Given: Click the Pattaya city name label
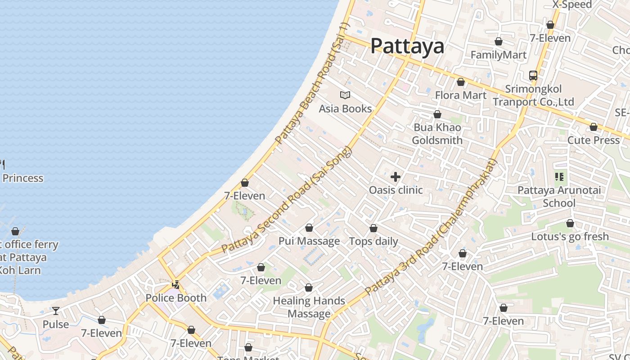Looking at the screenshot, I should click(407, 46).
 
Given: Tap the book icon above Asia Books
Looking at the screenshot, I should click(345, 95).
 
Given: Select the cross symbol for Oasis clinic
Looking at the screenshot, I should click(396, 177).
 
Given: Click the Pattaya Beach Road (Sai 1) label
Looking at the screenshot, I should click(313, 84).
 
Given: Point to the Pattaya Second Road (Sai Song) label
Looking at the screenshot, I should click(286, 199).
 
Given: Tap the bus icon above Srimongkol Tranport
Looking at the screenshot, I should click(533, 76).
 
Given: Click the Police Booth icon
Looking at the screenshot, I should click(176, 285).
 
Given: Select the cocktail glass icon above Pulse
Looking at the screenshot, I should click(56, 311).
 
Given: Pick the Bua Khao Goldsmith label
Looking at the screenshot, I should click(437, 134).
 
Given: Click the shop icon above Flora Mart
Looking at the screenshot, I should click(460, 82).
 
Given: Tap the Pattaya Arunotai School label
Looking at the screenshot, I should click(559, 197).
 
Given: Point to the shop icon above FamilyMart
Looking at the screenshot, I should click(498, 42).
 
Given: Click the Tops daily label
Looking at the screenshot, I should click(373, 242).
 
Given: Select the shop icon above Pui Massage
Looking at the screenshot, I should click(309, 228).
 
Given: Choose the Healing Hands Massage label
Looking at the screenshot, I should click(309, 307).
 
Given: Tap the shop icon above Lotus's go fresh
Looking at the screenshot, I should click(570, 224).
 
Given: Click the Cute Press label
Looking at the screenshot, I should click(594, 140).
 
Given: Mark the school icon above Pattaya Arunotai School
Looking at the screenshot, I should click(559, 177).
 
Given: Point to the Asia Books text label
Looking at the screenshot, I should click(345, 109).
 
